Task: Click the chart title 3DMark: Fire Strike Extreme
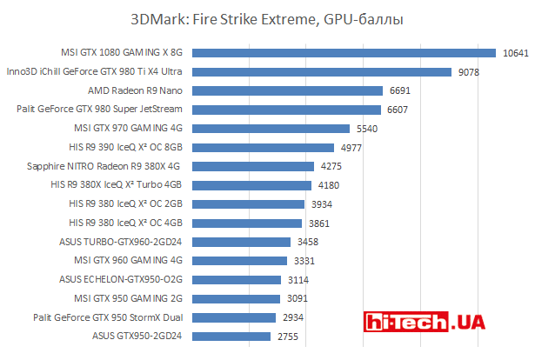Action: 266,18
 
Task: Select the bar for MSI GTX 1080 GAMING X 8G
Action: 343,52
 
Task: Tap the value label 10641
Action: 515,52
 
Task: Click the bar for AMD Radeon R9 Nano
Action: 287,90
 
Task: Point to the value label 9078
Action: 468,71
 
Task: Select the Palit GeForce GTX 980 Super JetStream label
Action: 100,110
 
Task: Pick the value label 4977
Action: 352,147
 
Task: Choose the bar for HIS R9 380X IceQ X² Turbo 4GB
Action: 251,184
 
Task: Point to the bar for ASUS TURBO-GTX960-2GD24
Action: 241,241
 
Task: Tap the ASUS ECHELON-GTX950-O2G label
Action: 121,279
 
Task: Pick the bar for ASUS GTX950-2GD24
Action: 231,336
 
